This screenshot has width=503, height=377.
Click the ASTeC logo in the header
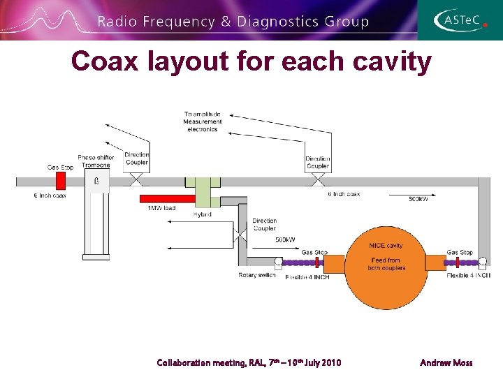point(460,20)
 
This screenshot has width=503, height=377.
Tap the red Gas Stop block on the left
point(60,181)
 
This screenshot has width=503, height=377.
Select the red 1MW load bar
point(167,199)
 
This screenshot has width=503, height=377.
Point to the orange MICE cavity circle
point(386,265)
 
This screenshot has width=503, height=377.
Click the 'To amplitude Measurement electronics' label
point(202,121)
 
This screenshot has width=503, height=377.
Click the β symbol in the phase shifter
point(96,182)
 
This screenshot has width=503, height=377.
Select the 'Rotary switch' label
point(256,275)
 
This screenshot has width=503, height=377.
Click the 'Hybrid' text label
point(202,214)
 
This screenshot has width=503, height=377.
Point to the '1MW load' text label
point(161,208)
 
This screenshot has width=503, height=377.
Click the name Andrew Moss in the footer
point(446,362)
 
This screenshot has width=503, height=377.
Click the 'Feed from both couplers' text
point(386,265)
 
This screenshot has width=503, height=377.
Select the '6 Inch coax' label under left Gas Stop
point(50,195)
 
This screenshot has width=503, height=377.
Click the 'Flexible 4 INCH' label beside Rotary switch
point(307,277)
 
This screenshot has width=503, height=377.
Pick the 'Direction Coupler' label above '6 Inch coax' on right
point(318,163)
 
